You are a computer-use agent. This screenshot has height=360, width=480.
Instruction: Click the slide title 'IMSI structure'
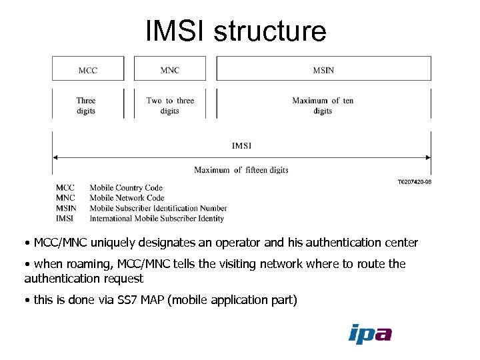click(236, 31)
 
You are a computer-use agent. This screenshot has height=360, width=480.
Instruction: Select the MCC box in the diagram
click(88, 69)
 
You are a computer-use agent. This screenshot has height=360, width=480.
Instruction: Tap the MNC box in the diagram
click(170, 69)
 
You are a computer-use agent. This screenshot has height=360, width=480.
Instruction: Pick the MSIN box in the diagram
click(323, 69)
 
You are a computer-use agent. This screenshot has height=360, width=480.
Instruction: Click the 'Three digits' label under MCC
click(86, 105)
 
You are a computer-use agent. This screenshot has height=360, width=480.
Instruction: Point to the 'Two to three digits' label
click(170, 105)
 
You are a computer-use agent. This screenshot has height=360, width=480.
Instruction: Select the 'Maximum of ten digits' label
click(323, 105)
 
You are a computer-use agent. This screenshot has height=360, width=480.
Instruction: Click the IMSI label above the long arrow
click(241, 145)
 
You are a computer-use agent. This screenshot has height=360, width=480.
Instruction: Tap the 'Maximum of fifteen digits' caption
click(241, 170)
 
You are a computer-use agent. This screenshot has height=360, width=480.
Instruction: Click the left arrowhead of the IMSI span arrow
click(55, 157)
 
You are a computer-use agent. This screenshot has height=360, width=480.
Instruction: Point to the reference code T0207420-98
click(414, 181)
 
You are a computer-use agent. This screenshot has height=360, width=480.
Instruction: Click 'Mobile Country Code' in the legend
click(126, 188)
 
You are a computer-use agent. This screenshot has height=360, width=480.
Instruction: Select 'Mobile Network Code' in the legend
click(127, 198)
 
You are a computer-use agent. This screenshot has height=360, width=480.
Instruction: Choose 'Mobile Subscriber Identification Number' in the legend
click(158, 208)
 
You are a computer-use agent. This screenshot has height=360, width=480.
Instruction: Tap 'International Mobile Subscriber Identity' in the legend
click(157, 218)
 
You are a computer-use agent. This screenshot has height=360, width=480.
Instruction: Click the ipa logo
click(370, 333)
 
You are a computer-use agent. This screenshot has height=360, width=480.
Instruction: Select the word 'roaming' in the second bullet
click(83, 264)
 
